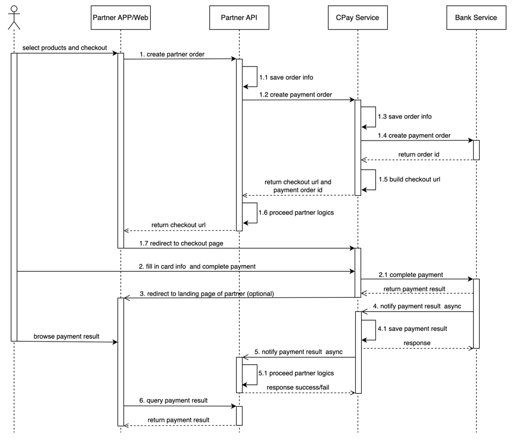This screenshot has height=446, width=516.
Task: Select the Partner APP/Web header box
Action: [x=120, y=18]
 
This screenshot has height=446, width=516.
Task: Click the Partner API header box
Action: [x=239, y=18]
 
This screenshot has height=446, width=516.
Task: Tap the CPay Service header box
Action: [x=358, y=18]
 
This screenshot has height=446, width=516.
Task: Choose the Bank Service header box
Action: [x=476, y=18]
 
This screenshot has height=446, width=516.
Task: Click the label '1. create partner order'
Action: [x=172, y=54]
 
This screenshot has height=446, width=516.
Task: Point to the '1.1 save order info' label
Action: [x=286, y=77]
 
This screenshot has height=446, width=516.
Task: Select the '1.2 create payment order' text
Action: [x=295, y=94]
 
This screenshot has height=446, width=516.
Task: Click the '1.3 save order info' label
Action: [x=404, y=117]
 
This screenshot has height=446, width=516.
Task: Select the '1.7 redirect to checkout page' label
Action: [x=181, y=243]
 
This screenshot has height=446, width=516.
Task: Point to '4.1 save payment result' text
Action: [x=412, y=328]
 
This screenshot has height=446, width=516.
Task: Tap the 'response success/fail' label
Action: [x=298, y=387]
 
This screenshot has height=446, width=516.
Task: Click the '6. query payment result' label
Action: [x=173, y=401]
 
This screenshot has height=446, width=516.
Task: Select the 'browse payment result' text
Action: [x=66, y=336]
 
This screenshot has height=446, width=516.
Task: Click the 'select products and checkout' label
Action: [x=65, y=47]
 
